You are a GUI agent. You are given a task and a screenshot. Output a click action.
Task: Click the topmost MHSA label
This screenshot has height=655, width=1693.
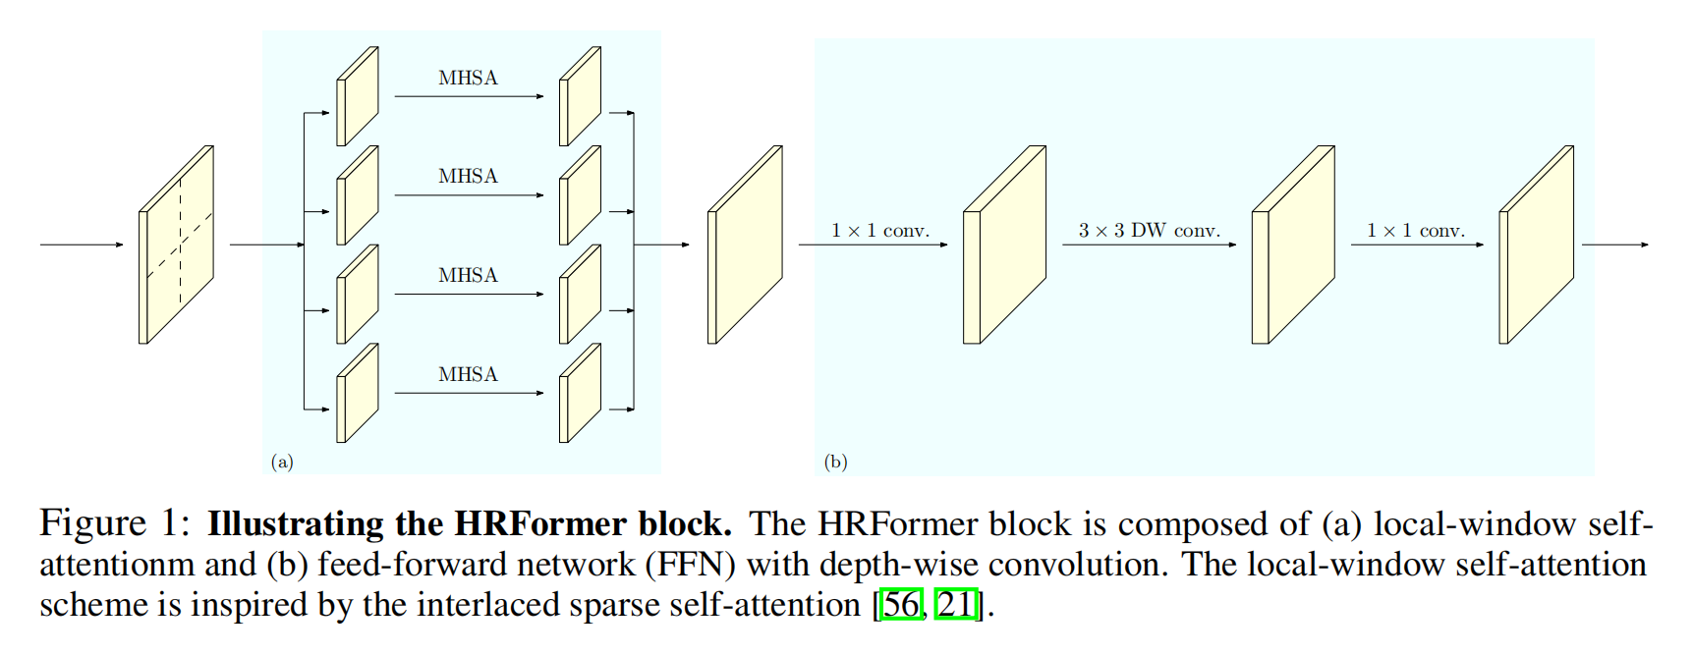click(x=468, y=78)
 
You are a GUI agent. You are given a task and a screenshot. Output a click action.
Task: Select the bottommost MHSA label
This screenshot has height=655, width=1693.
click(x=468, y=374)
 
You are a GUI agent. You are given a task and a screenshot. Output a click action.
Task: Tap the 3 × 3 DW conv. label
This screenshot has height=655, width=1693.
click(x=1149, y=231)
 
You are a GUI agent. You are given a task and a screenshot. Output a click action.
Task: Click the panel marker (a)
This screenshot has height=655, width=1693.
click(x=282, y=462)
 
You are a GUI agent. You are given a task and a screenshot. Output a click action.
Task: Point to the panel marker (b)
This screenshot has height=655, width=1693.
click(x=835, y=462)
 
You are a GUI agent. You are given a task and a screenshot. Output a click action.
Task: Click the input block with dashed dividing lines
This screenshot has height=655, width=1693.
click(x=177, y=245)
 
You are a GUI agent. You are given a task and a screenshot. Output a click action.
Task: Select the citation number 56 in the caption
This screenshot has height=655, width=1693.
click(x=902, y=605)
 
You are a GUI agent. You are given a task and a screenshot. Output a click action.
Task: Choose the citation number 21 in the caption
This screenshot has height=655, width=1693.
click(x=955, y=605)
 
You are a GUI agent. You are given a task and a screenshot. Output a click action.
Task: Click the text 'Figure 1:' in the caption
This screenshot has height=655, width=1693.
click(x=114, y=523)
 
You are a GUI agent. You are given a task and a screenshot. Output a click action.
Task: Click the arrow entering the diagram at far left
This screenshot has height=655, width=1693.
click(x=82, y=245)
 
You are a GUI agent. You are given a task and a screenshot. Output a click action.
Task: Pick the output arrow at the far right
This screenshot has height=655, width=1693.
click(x=1614, y=245)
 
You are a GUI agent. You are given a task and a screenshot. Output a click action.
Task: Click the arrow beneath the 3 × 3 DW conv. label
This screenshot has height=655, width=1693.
click(x=1149, y=245)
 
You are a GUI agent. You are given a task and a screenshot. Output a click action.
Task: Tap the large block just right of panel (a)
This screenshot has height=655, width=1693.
click(x=745, y=245)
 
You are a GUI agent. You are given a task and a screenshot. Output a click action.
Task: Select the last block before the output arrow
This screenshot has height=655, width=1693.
click(x=1536, y=245)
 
